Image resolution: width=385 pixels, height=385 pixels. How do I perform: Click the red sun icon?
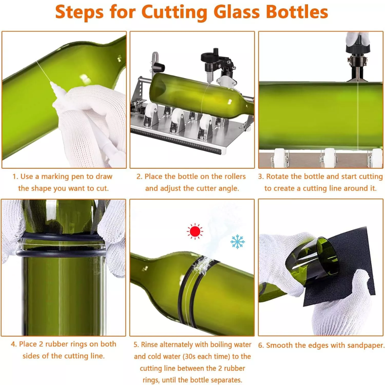click(195, 231)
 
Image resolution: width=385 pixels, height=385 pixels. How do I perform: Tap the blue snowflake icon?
click(238, 242)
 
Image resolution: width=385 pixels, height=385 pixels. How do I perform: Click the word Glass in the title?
click(237, 12)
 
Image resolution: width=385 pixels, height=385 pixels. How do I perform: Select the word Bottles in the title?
click(297, 12)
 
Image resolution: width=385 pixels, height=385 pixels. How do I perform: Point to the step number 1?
click(15, 177)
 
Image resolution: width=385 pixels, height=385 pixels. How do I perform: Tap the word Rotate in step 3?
click(278, 177)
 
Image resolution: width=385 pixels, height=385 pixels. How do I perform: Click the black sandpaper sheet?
click(344, 268)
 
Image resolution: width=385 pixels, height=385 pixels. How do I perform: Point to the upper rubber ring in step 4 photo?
click(61, 237)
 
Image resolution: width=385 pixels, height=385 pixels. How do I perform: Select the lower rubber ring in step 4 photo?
click(61, 253)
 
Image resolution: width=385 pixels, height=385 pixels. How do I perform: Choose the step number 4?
click(14, 344)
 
